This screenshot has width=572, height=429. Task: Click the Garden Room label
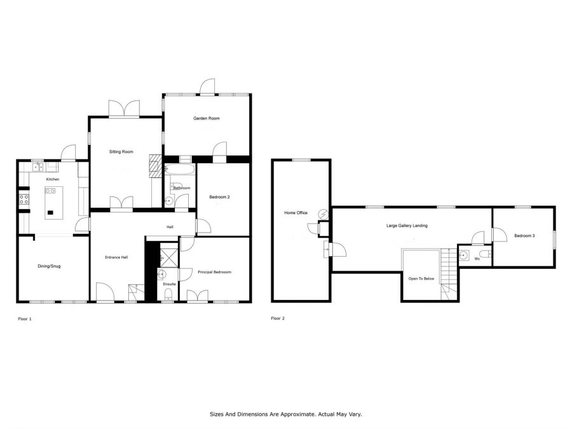tap(206, 118)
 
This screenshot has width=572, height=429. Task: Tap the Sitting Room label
tap(121, 152)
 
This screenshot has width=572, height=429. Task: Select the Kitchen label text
tap(53, 179)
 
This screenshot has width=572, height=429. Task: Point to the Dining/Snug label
tap(49, 266)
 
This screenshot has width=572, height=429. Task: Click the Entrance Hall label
tap(116, 257)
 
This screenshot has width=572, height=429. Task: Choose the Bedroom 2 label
tap(220, 197)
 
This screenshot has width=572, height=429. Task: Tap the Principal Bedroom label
tap(215, 272)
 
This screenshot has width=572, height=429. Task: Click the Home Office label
tap(296, 213)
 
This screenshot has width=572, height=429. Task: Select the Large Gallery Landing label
tap(407, 226)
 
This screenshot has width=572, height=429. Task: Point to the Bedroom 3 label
tap(524, 236)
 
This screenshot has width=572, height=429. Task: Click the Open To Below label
tap(421, 279)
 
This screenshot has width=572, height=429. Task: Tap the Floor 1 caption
tap(25, 319)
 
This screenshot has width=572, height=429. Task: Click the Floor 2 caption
tap(278, 318)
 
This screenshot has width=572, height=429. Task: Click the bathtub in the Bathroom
tap(180, 170)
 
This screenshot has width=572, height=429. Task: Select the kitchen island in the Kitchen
tap(53, 203)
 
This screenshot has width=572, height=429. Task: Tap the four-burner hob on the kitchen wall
tap(24, 199)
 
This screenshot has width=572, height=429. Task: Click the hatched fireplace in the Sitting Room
tap(156, 166)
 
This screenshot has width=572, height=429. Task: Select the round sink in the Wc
tap(464, 255)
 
